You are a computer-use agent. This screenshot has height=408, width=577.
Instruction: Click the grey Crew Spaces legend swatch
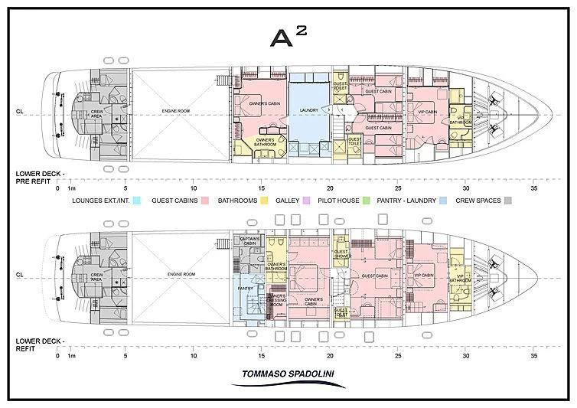(x=507, y=201)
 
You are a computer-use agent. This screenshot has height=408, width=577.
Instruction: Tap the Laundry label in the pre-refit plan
(x=308, y=109)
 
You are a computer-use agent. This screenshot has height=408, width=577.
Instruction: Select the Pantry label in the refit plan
(x=246, y=289)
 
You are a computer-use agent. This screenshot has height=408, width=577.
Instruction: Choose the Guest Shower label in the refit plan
(x=341, y=254)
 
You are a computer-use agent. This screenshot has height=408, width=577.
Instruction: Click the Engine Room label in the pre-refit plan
(x=175, y=111)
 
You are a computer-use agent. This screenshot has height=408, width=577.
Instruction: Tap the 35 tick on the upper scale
(x=533, y=188)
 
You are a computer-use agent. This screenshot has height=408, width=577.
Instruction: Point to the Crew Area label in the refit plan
(x=97, y=275)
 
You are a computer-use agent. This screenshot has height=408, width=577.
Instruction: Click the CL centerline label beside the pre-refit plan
(x=19, y=111)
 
